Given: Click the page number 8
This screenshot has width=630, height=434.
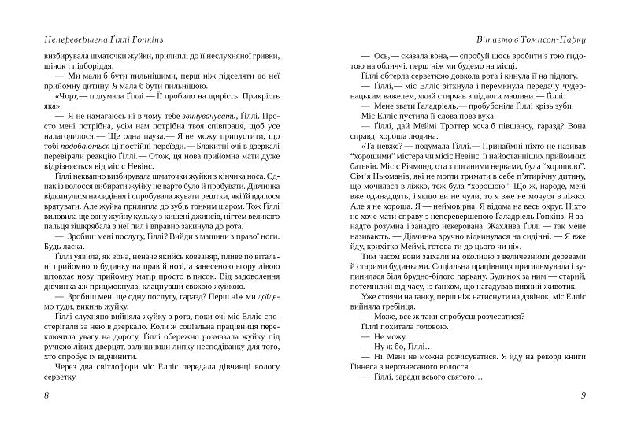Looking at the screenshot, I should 49,394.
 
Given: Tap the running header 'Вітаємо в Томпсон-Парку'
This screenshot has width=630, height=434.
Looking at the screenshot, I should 523,38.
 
